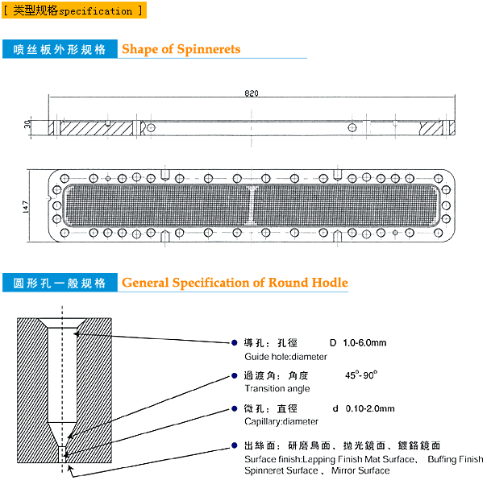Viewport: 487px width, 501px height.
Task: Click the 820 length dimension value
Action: point(252,94)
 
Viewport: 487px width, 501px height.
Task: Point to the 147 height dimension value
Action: point(27,205)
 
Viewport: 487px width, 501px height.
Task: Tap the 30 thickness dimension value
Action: point(27,126)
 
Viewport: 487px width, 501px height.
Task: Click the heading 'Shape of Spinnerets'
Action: point(181,49)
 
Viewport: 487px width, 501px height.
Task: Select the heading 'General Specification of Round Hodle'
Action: point(235,283)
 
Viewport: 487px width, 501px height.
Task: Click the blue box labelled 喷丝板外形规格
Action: point(60,49)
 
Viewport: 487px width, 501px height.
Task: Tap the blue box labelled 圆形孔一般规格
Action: point(60,284)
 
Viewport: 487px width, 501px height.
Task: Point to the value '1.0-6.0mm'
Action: point(364,343)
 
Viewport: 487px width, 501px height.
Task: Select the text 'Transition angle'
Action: point(271,389)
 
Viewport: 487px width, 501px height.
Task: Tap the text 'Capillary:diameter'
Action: point(281,421)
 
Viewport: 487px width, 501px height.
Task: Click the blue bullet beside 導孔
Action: point(235,343)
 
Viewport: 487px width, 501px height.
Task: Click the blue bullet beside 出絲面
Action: point(235,445)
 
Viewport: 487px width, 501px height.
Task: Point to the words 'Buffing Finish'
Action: point(456,459)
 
